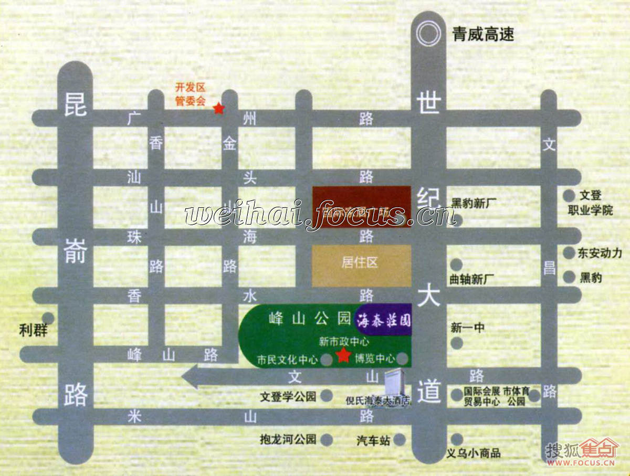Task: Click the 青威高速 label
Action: (483, 35)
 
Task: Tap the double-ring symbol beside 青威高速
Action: (428, 35)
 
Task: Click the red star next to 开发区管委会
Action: (218, 109)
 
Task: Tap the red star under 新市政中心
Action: (343, 356)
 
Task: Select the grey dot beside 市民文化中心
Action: (327, 359)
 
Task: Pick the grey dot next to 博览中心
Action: (403, 359)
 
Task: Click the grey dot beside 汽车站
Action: (400, 439)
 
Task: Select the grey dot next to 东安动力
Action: (569, 253)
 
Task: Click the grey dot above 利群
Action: (48, 318)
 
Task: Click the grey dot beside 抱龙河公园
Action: (327, 439)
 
